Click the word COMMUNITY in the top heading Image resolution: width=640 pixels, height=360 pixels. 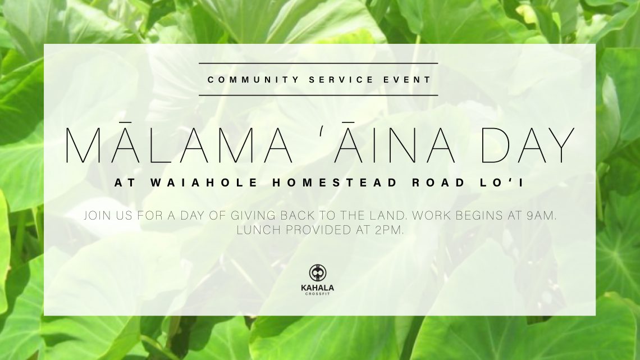[x=253, y=80]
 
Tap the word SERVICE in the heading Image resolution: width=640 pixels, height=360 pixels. [x=341, y=80]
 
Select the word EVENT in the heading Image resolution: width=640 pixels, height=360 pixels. [x=407, y=80]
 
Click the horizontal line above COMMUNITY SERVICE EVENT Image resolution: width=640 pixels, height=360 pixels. [x=318, y=63]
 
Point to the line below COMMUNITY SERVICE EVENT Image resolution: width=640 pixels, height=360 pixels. [x=318, y=95]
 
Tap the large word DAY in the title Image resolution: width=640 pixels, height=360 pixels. [x=527, y=145]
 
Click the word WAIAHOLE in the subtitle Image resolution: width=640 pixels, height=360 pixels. [x=205, y=183]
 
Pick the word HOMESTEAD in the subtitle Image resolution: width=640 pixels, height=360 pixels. [x=335, y=183]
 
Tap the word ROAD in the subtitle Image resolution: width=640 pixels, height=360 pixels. [x=439, y=183]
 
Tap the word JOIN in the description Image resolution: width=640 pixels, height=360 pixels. [x=98, y=215]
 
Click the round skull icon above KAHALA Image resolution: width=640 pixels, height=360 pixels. [x=318, y=272]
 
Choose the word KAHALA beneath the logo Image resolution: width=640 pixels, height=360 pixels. [x=318, y=288]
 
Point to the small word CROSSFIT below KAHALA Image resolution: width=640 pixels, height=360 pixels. [x=318, y=294]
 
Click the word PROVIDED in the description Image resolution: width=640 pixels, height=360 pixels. [x=319, y=230]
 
